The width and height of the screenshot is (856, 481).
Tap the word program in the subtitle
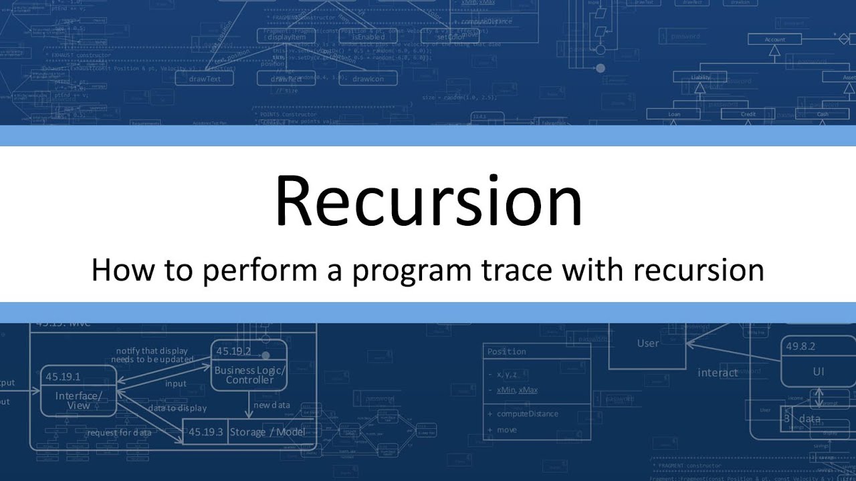(x=395, y=271)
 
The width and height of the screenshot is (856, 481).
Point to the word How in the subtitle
(x=118, y=271)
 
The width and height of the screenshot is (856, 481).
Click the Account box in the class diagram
(x=774, y=40)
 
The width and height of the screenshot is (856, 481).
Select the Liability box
(x=700, y=77)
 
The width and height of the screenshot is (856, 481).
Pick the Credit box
(x=748, y=114)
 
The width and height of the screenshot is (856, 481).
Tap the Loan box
(x=674, y=114)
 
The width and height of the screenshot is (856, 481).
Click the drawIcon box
(x=368, y=79)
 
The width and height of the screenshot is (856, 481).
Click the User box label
(x=647, y=343)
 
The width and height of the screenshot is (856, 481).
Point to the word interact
(x=718, y=373)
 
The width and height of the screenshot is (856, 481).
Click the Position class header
(x=506, y=351)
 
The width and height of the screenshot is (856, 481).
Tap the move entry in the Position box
(x=506, y=430)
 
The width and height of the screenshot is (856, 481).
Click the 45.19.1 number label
(x=63, y=377)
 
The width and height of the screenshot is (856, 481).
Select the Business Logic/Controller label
(x=249, y=375)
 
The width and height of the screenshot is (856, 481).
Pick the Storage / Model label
(x=267, y=432)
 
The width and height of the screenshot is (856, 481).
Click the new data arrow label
(x=272, y=405)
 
